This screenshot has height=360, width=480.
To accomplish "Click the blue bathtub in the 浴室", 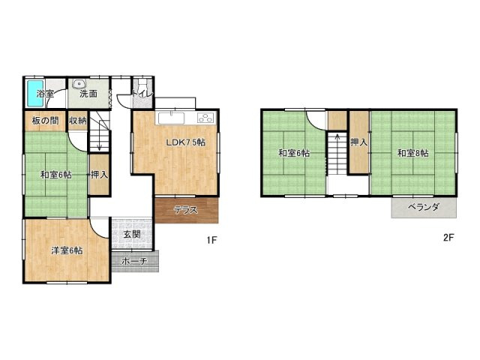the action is [34, 93].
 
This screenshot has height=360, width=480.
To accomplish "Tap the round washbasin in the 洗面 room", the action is [80, 83].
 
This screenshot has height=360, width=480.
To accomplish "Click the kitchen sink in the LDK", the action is [171, 118].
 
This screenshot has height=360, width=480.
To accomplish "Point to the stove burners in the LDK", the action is [207, 118].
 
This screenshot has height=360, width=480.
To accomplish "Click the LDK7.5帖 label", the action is [185, 142].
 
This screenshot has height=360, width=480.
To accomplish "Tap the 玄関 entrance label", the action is [132, 235].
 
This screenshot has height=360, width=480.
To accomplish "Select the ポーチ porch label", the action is [135, 262].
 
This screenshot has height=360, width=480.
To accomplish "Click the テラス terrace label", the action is [186, 210].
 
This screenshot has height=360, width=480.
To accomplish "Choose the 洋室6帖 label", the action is [67, 250].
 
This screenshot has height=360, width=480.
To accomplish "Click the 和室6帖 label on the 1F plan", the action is [56, 175].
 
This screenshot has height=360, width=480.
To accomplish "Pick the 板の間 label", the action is [45, 121].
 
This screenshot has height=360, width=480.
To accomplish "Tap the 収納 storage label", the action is [78, 121].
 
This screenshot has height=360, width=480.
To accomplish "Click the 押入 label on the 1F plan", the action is [100, 175].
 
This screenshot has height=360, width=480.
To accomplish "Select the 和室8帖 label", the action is [413, 153].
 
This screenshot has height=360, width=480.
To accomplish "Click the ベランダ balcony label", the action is [424, 207].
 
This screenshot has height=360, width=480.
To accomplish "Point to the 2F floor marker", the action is [448, 238].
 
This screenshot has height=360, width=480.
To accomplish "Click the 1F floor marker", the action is [211, 240].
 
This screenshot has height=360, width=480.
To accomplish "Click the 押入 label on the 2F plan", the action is [359, 142].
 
